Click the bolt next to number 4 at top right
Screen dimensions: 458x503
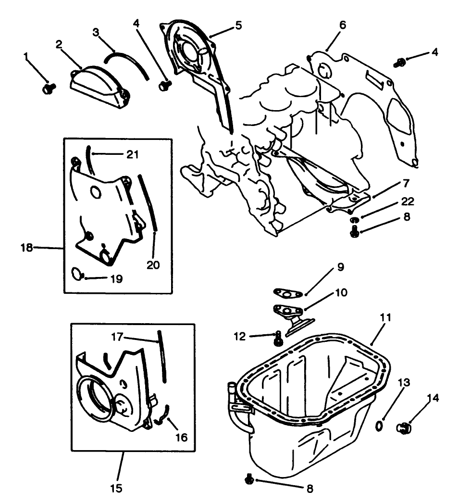[x=399, y=62]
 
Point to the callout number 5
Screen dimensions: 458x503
[x=238, y=25]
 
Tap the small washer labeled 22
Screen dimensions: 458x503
[x=354, y=220]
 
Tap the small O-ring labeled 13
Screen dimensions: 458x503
[x=379, y=425]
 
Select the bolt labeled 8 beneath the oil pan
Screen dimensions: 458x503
[x=249, y=479]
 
